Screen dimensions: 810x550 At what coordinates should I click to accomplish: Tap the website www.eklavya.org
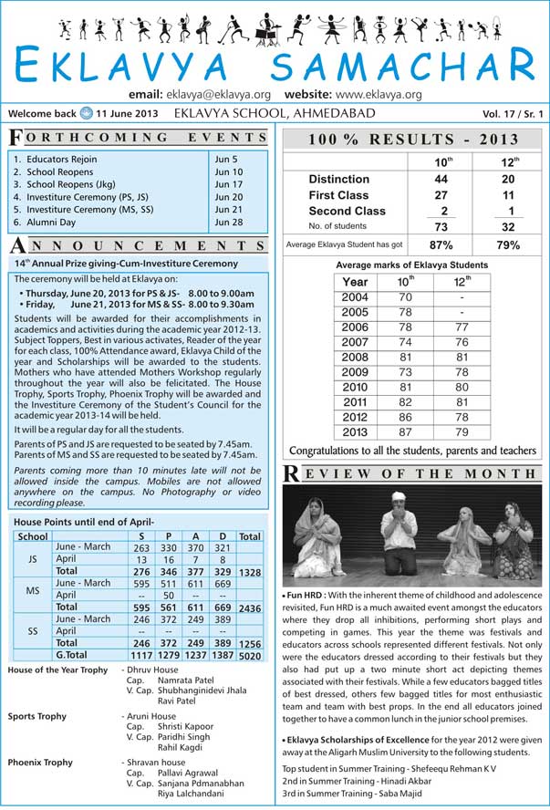point(378,94)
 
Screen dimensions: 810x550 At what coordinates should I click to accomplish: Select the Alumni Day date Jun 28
point(229,222)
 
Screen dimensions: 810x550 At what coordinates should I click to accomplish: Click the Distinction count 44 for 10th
point(441,180)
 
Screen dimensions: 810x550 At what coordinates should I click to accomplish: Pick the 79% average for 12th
point(508,245)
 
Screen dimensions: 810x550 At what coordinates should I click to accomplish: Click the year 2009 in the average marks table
point(355,373)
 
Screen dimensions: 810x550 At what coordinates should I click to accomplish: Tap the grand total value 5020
point(250,654)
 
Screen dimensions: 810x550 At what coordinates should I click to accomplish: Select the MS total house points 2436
point(250,607)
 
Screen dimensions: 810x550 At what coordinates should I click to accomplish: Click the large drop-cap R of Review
point(291,473)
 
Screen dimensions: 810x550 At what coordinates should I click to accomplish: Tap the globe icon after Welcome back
point(86,114)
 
